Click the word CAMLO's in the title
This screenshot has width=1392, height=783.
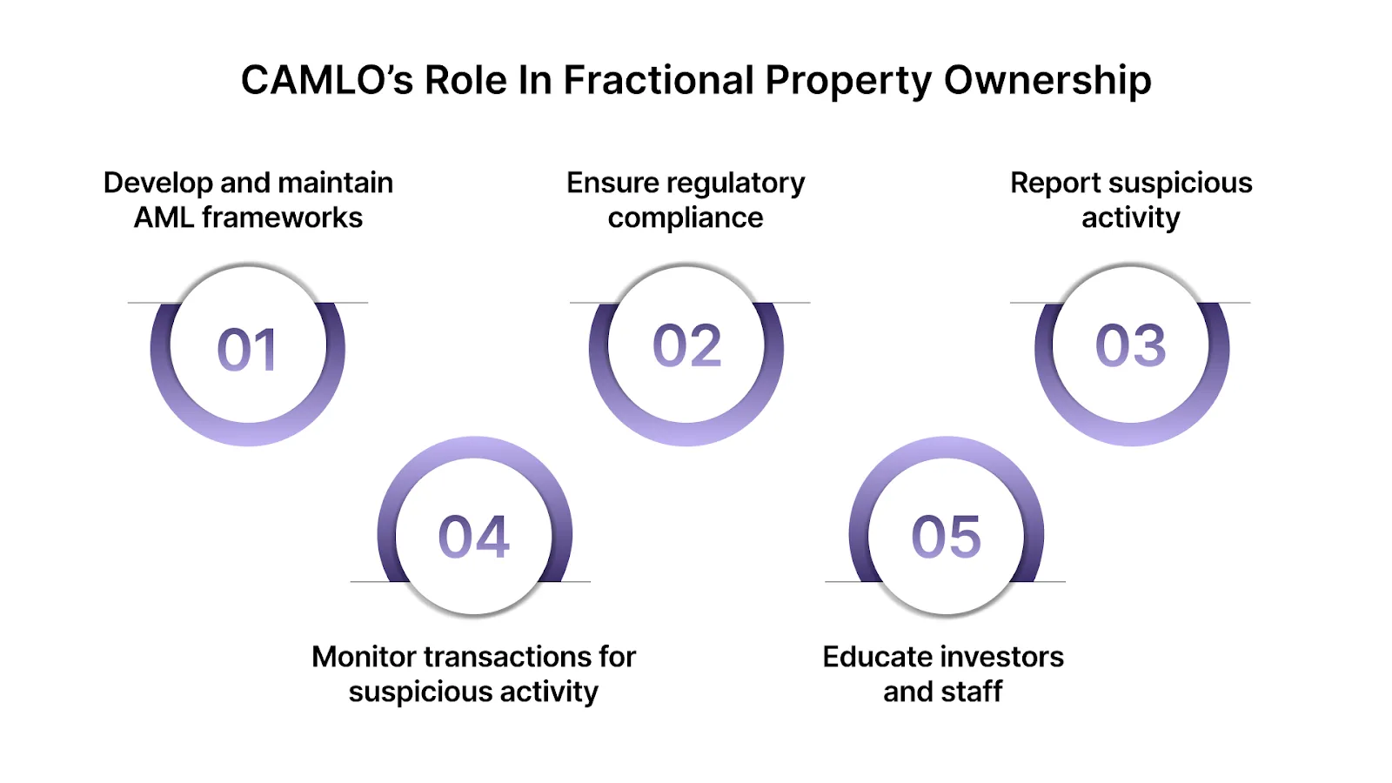pos(326,81)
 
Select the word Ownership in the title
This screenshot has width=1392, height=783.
pos(1047,81)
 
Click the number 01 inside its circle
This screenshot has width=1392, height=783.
pos(248,350)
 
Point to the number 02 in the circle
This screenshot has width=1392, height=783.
pos(687,345)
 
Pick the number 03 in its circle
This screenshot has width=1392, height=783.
pos(1130,345)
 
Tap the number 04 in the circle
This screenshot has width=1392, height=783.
pos(474,537)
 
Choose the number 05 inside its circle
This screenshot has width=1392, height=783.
pos(946,537)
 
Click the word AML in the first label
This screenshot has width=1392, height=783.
pos(164,217)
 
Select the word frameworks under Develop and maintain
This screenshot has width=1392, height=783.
pos(282,217)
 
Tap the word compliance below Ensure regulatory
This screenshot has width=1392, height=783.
pos(686,217)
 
